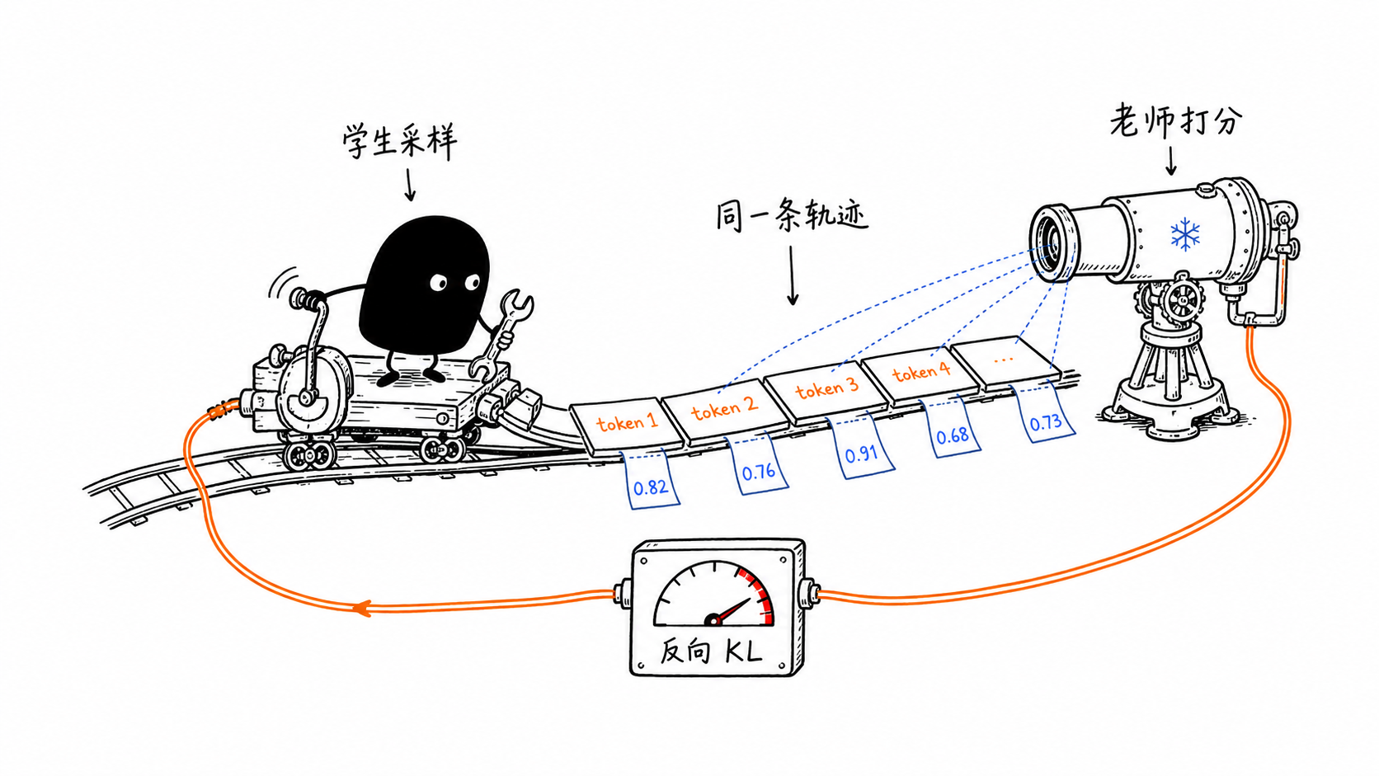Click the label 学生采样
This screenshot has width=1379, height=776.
click(399, 142)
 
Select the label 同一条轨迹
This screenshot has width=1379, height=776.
click(792, 214)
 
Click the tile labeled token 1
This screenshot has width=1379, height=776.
click(627, 426)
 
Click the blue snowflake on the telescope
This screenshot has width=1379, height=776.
click(1185, 234)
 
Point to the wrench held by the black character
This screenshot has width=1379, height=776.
click(501, 332)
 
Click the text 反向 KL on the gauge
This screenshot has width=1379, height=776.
click(711, 651)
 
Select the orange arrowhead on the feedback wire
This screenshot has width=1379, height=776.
click(361, 608)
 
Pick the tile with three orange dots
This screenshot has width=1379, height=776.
click(1006, 362)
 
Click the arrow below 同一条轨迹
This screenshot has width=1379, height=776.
click(793, 275)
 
